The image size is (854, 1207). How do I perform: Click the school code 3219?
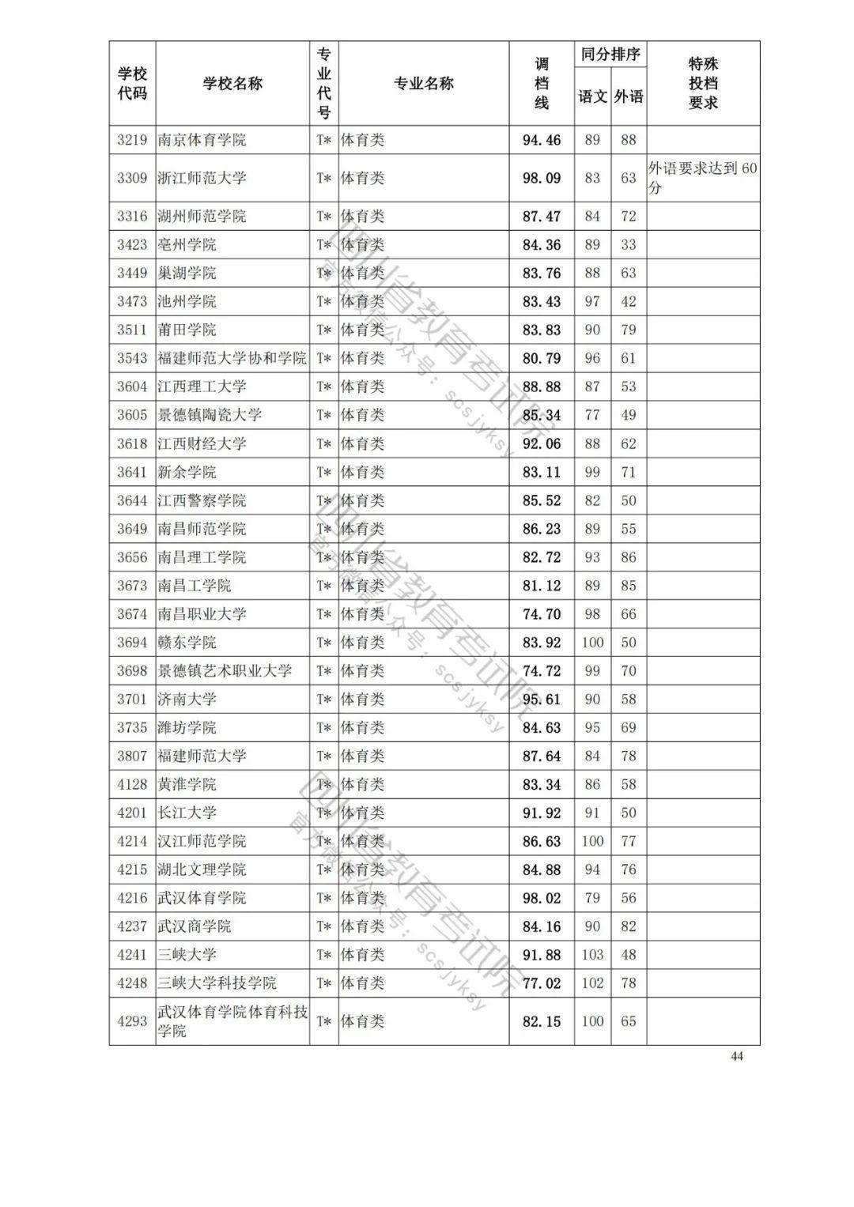click(x=132, y=140)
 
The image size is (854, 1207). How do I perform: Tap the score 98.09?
click(x=542, y=178)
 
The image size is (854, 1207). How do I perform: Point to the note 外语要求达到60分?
click(x=702, y=178)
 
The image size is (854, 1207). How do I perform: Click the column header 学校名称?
click(x=232, y=84)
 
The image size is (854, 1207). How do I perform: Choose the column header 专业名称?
click(x=424, y=84)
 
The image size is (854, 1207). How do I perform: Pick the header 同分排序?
click(x=610, y=55)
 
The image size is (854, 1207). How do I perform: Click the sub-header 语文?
click(x=592, y=96)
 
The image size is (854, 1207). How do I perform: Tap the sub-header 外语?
click(x=629, y=96)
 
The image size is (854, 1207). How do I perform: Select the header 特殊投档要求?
click(x=703, y=83)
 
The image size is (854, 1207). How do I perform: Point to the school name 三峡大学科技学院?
click(x=217, y=983)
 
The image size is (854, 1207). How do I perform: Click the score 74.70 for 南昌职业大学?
click(x=542, y=614)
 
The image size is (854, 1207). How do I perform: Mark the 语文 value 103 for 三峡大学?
click(x=592, y=955)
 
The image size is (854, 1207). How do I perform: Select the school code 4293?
click(x=132, y=1021)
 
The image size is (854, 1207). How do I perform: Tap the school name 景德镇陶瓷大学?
click(x=210, y=415)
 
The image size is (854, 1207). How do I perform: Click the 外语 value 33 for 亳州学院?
click(x=629, y=245)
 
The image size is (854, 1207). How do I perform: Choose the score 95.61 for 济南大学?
click(x=542, y=700)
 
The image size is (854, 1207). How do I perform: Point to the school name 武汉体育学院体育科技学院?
click(x=232, y=1021)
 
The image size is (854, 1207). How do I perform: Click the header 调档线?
click(x=542, y=83)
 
